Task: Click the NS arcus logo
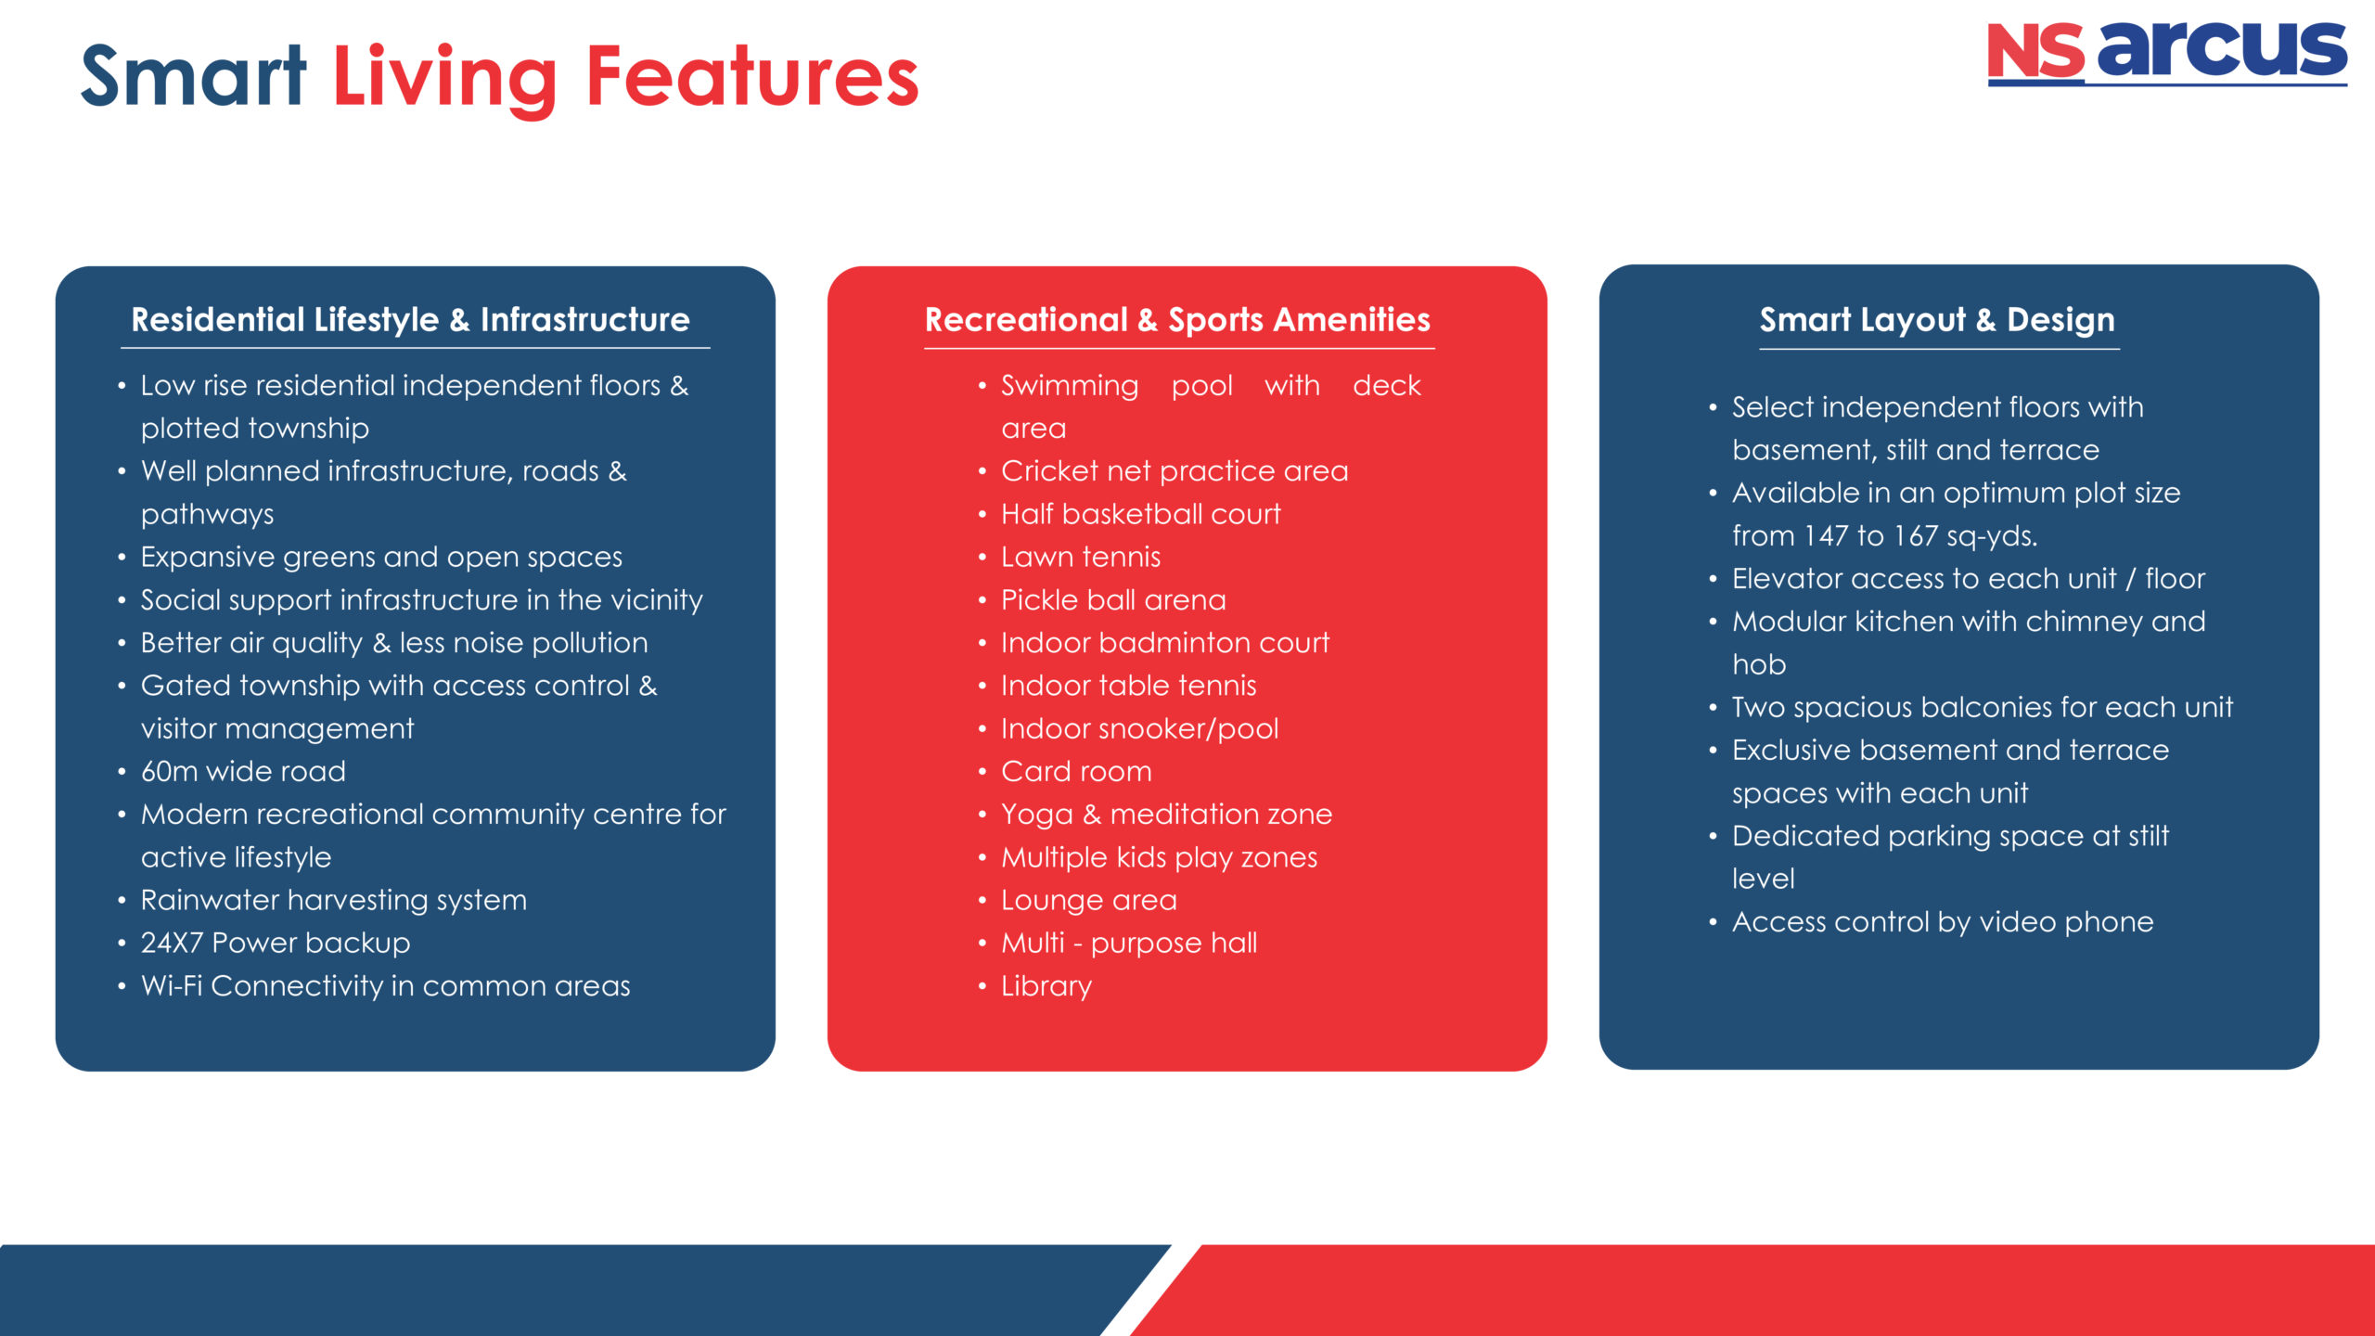point(2166,54)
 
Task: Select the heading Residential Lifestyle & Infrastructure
point(411,320)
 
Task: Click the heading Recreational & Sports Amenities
point(1177,320)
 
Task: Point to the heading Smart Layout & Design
point(1937,320)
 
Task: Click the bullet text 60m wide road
point(243,771)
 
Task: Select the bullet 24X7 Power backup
point(276,943)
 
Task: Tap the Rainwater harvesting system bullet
point(334,900)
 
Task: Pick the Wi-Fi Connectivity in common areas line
point(386,985)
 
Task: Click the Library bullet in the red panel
point(1046,986)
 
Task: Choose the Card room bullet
point(1076,771)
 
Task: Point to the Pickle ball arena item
point(1113,600)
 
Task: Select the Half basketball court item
point(1141,514)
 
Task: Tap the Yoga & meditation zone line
point(1167,815)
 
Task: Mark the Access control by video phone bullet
point(1943,922)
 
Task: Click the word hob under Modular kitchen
point(1759,664)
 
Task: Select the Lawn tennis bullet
point(1081,557)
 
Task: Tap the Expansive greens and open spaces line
point(381,558)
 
